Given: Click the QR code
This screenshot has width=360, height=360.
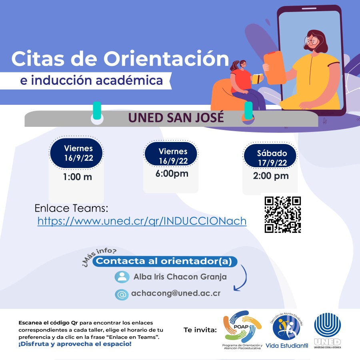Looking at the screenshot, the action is pos(283,214).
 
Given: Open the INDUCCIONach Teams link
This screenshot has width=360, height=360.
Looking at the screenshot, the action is pos(142,221).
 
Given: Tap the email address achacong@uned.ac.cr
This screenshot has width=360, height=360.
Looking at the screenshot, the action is pos(176,293).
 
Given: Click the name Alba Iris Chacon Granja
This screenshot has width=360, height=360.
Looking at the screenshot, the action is pos(180,277).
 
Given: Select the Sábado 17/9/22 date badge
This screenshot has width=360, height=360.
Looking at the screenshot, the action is pos(270,156).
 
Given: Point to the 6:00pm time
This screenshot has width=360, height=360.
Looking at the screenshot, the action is pos(172,174).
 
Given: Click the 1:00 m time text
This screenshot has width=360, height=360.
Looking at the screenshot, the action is pos(77,177).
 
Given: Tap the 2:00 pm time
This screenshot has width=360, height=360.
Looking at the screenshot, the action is pos(271,176).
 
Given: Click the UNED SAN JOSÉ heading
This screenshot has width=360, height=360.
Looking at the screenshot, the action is pos(176,117).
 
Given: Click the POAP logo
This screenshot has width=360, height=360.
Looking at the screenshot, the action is pos(242,330).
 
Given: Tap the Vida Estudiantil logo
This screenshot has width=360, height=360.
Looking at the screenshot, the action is pos(287,330).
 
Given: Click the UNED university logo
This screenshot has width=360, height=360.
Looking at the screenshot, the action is pos(327,331).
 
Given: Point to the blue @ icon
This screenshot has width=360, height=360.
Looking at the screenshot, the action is pos(122,294).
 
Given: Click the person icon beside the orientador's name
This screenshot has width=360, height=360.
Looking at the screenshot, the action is pos(122,277).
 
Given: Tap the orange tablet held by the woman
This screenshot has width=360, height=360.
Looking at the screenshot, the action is pos(275,68).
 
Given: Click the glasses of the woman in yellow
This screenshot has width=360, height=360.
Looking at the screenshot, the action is pos(311,41).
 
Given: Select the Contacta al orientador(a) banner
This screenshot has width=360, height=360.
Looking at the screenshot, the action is pos(165,261).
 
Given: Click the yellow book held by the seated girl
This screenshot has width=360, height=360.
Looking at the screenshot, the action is pos(257,78).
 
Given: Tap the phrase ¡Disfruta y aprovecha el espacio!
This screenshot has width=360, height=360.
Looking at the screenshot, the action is pos(75,344).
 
